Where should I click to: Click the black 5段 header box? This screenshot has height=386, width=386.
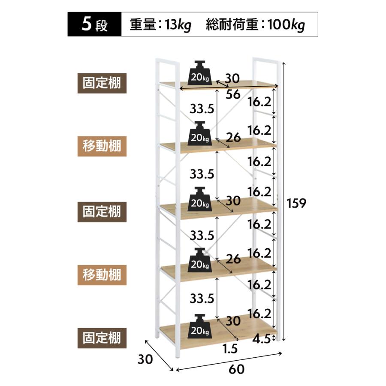point(94,24)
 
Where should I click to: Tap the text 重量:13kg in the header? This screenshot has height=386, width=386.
point(160,25)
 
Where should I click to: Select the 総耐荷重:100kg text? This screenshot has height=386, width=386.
point(255,25)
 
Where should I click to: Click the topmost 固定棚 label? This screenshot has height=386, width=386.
point(102,83)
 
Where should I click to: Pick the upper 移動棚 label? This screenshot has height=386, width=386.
point(102,146)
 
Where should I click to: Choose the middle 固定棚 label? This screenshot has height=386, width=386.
point(102,212)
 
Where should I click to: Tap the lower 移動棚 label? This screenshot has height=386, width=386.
point(102,275)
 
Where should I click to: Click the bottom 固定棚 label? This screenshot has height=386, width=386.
point(102,338)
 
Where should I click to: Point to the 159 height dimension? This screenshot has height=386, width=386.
point(296,203)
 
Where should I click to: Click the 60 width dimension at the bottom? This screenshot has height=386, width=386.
point(237,369)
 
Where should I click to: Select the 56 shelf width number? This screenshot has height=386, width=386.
point(233,94)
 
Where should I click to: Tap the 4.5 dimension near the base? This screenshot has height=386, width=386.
point(262,339)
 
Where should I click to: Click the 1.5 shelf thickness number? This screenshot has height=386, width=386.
point(230,349)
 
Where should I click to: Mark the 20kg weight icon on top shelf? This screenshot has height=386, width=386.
point(199,73)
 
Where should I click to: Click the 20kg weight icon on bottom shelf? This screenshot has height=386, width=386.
point(199,326)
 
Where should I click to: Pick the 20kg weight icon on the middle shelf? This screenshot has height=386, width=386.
point(199,199)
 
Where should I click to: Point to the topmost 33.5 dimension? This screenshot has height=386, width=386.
point(202,109)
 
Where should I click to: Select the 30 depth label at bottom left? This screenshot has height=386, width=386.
point(145,359)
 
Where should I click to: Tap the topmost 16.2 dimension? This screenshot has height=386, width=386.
point(259,102)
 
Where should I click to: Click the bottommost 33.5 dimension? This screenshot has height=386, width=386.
point(202,299)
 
